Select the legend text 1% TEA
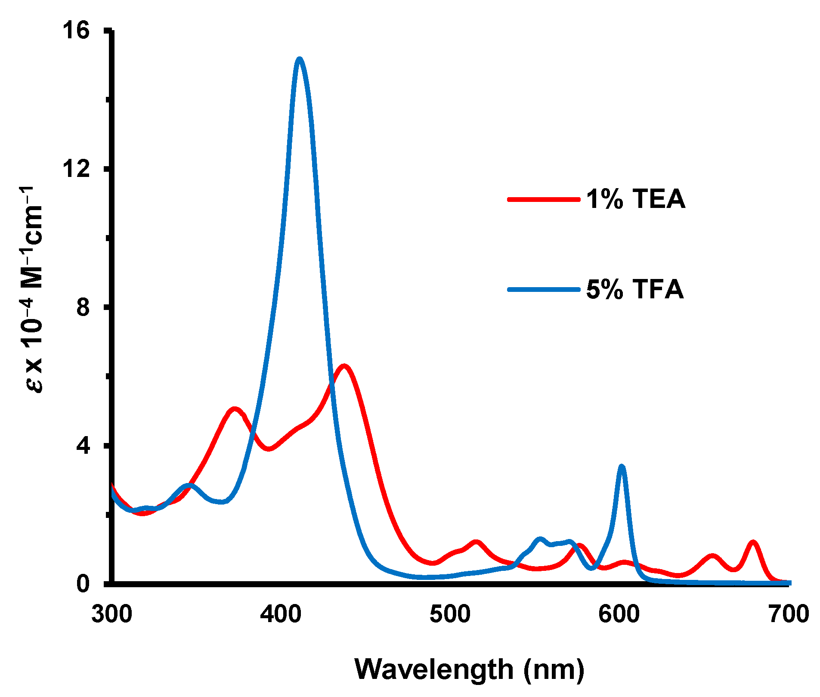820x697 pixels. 635,199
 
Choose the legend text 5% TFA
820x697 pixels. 634,289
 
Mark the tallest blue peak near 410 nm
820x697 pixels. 299,59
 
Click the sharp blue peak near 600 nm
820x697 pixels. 621,467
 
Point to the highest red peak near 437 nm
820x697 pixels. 343,366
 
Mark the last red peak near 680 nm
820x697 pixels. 753,542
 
